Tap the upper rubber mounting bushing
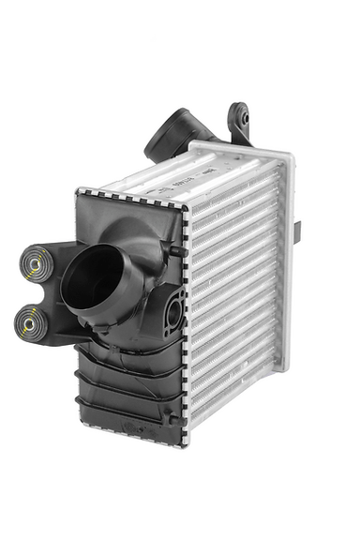(35, 265)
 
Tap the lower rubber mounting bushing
(32, 324)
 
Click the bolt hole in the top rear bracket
(240, 120)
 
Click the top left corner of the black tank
(79, 193)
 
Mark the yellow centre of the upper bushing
(35, 265)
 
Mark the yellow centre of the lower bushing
(32, 324)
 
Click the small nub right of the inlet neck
(173, 250)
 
